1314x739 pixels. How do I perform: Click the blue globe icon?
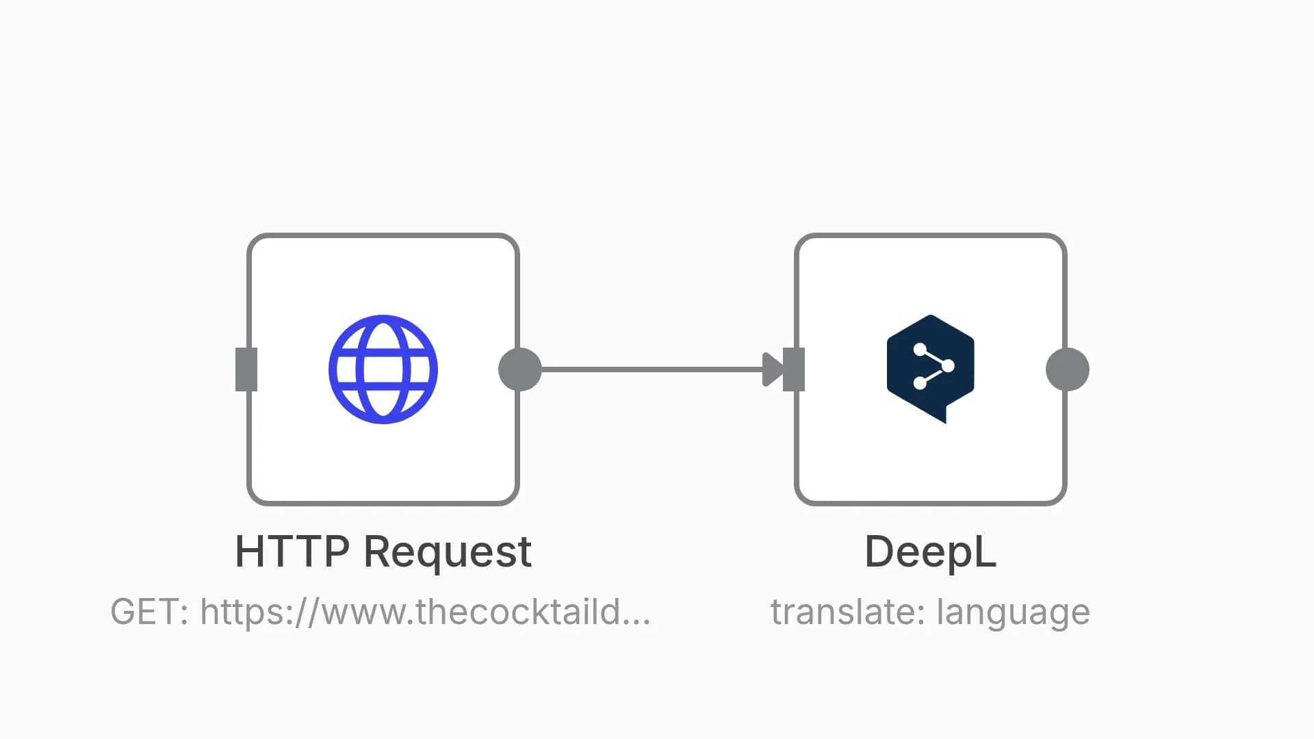(383, 369)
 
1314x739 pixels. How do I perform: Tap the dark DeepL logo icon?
(931, 369)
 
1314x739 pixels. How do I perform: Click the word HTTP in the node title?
(292, 552)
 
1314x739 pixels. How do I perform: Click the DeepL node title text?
(931, 552)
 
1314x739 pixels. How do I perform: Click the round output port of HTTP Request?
(520, 369)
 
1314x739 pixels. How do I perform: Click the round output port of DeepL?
(1068, 369)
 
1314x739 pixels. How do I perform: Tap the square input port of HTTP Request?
(246, 369)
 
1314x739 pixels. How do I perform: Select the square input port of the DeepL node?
(794, 369)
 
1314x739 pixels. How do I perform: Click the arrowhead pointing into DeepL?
(773, 369)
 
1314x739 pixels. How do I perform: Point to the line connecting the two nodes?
(652, 369)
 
